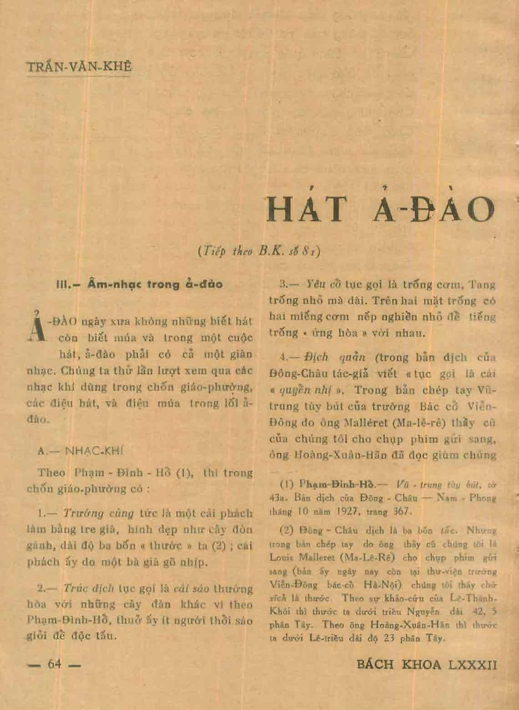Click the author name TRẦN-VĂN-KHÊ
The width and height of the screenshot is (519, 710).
(79, 67)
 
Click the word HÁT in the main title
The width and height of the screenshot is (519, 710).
(308, 211)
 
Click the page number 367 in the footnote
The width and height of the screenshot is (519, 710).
(402, 510)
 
